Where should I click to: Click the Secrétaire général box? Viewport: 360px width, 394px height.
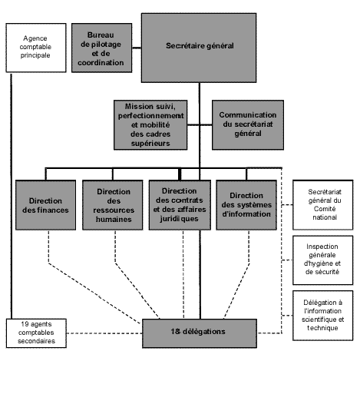tap(199, 48)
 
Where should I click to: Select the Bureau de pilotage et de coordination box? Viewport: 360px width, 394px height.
tap(102, 48)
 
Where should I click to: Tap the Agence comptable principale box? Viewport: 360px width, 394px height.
tap(36, 48)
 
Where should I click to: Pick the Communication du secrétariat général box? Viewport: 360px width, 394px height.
tap(248, 125)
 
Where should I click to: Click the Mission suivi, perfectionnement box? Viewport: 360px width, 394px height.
tap(150, 125)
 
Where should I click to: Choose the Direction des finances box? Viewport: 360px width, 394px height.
tap(45, 205)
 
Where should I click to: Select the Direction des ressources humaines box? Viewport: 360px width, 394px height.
tap(113, 205)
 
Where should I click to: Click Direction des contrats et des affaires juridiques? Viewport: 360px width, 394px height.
tap(180, 205)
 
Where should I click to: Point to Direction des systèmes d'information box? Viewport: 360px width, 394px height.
tap(246, 205)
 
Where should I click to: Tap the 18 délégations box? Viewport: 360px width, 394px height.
tap(200, 333)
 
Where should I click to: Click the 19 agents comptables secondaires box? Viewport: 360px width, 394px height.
tap(36, 333)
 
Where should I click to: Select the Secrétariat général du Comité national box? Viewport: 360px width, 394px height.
tap(323, 205)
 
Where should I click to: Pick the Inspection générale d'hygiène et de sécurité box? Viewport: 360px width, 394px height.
tap(323, 260)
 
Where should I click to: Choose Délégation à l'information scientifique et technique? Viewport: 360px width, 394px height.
tap(323, 316)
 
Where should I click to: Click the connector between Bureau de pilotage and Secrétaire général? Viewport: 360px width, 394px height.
tap(137, 48)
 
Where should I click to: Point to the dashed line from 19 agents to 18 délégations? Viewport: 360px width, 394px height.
tap(104, 333)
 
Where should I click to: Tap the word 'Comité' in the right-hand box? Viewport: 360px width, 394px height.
tap(325, 209)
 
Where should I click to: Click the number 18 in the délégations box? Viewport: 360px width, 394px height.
tap(175, 332)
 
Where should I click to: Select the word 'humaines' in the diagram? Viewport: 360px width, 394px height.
tap(114, 220)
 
